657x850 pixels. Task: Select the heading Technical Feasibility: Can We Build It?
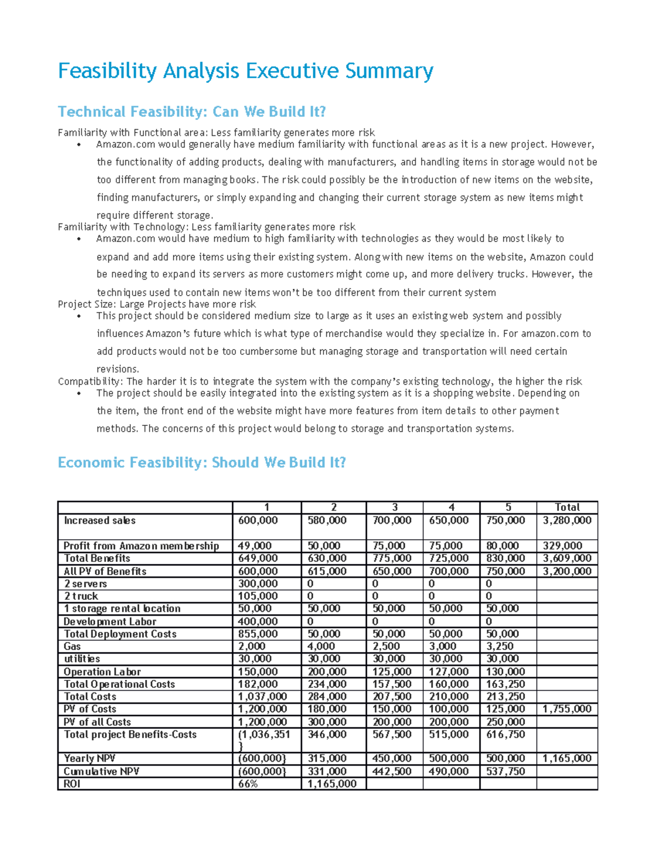192,112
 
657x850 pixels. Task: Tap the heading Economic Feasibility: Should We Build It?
201,462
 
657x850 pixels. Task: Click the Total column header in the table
567,507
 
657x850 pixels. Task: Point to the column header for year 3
394,507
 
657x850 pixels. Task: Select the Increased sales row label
100,521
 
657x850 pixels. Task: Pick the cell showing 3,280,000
567,521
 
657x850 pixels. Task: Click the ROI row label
72,784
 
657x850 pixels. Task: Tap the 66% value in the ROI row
248,784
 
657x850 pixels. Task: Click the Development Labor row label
110,621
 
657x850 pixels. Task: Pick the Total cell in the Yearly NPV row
567,759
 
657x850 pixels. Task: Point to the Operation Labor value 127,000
448,672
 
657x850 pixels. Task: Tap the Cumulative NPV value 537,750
505,771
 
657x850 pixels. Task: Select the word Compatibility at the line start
90,381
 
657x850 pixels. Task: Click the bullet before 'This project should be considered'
79,316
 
